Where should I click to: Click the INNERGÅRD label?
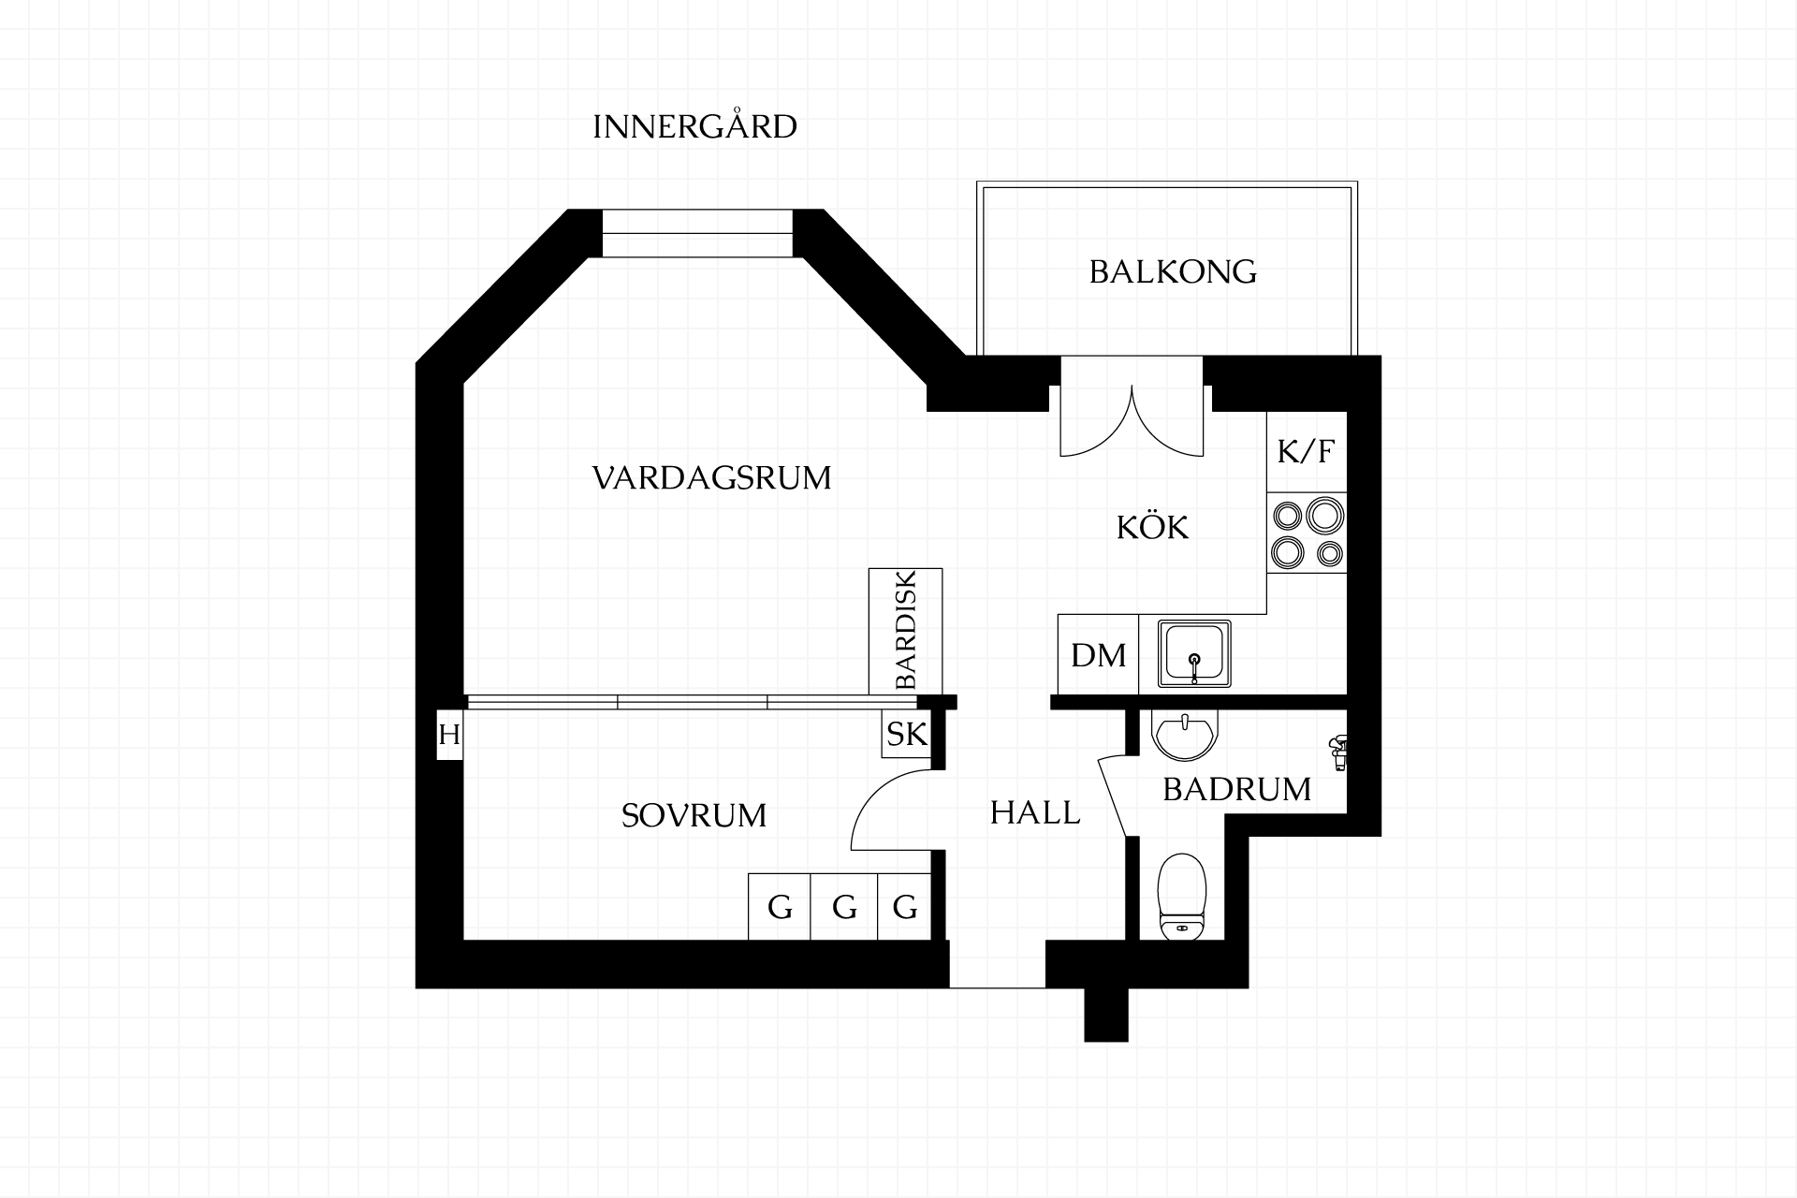coord(694,125)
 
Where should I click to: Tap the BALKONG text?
coord(1173,271)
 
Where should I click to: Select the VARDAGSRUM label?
coord(711,478)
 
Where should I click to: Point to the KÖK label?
coord(1152,527)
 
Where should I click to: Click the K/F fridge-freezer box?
coord(1307,452)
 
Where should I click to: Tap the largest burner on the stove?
coord(1325,516)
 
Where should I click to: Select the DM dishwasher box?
coord(1099,654)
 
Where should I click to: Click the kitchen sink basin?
coord(1194,653)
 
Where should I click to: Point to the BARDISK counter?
coord(905,632)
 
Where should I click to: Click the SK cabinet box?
coord(906,735)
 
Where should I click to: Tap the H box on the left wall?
coord(450,735)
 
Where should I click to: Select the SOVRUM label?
coord(694,816)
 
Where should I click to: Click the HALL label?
coord(1035,812)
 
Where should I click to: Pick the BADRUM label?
coord(1236,790)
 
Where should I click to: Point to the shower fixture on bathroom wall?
coord(1338,752)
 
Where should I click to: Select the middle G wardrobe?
coord(844,907)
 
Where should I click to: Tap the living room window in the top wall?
coord(697,233)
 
